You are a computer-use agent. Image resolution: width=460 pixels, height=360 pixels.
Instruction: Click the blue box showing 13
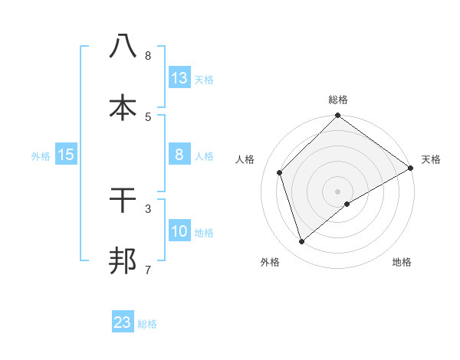179,78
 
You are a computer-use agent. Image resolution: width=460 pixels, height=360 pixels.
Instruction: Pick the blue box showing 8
179,155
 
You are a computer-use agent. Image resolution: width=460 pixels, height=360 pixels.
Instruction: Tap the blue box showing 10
179,232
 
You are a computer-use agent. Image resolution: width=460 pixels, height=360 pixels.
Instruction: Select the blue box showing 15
66,155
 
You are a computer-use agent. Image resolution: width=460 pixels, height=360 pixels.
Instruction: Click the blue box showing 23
123,322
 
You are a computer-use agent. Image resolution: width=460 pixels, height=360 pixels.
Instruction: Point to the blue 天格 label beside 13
204,80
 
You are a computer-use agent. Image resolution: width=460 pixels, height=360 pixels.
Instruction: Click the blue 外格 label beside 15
41,156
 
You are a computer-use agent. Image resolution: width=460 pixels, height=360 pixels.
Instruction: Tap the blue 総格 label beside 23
147,324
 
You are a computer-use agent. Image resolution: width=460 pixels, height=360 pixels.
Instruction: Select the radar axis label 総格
337,100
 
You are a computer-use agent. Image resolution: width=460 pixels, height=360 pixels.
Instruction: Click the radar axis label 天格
431,159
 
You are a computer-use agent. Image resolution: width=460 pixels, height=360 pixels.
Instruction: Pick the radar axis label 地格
402,262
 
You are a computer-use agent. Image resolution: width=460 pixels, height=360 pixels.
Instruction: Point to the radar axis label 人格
245,159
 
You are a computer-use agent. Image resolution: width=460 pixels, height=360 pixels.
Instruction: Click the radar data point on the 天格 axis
410,169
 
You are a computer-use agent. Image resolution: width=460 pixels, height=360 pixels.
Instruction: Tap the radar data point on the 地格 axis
347,204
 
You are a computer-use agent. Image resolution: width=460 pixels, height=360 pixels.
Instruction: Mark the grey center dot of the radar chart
337,191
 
